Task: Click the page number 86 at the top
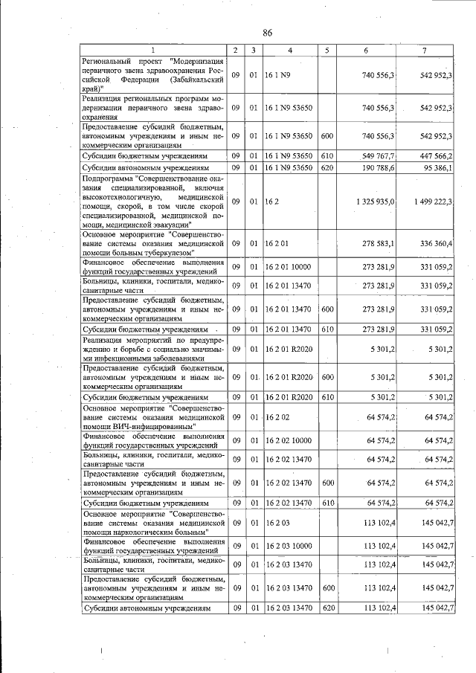[268, 33]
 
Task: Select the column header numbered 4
[289, 50]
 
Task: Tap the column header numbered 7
[424, 50]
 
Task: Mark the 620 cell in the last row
[327, 608]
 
